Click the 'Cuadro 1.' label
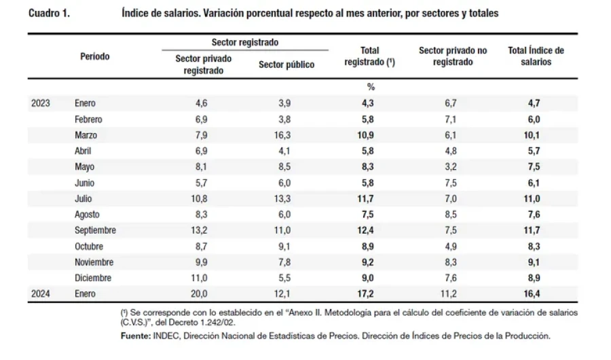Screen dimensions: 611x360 coord(49,14)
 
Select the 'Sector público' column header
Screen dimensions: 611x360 coord(286,65)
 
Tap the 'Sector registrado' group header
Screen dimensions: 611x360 coord(244,42)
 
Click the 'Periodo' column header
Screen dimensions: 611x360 coord(94,56)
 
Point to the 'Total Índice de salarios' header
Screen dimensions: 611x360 coord(536,56)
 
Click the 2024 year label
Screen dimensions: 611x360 coord(41,293)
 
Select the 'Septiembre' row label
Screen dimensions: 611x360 coord(95,230)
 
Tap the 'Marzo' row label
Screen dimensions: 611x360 coord(86,135)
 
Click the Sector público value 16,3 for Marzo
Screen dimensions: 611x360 coord(282,135)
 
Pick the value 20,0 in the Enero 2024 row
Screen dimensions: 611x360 coord(199,293)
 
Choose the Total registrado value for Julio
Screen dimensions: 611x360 coord(365,198)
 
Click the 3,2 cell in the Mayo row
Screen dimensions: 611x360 coord(451,166)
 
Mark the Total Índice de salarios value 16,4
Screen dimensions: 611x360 coord(532,293)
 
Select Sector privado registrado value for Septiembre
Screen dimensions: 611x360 coord(199,230)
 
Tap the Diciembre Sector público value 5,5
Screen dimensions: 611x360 coord(284,278)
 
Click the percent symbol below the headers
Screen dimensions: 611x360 coord(371,86)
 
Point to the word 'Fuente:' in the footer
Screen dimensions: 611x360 coord(136,336)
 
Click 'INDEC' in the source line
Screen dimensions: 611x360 coord(166,336)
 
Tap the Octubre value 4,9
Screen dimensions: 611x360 coord(451,246)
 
